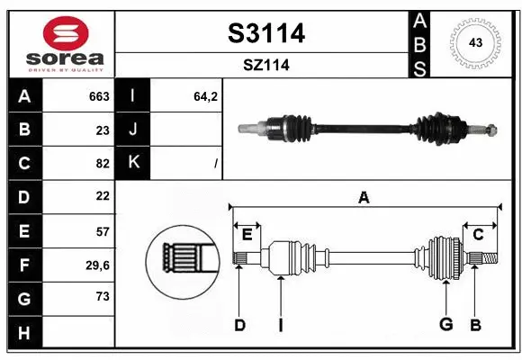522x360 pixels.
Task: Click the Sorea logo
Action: [61, 43]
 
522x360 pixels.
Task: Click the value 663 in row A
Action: [99, 96]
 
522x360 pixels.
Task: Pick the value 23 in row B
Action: [102, 130]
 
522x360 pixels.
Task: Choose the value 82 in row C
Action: [102, 163]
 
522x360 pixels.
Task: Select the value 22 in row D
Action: [102, 195]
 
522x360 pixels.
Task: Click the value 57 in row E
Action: [102, 230]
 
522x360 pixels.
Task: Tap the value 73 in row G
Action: [102, 296]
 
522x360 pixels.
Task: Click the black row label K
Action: [133, 163]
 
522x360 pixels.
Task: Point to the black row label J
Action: [133, 130]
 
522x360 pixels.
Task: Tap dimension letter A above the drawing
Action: [364, 197]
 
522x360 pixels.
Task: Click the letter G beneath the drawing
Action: [445, 324]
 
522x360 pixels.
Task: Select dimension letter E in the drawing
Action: [247, 235]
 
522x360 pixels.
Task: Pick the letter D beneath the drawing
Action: [239, 324]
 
